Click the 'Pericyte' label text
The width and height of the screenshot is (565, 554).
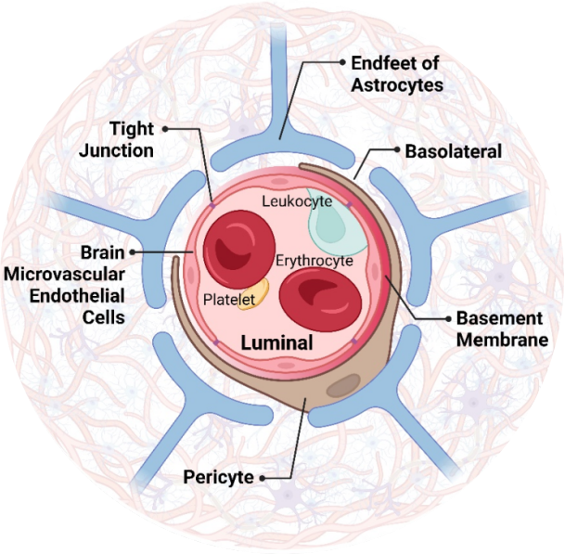click(x=219, y=477)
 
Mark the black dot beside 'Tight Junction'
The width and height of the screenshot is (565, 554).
click(x=165, y=129)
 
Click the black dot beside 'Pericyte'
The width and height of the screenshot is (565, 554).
click(x=264, y=477)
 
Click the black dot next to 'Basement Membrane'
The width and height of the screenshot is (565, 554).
click(x=444, y=318)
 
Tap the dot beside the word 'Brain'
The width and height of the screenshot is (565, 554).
click(x=135, y=251)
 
